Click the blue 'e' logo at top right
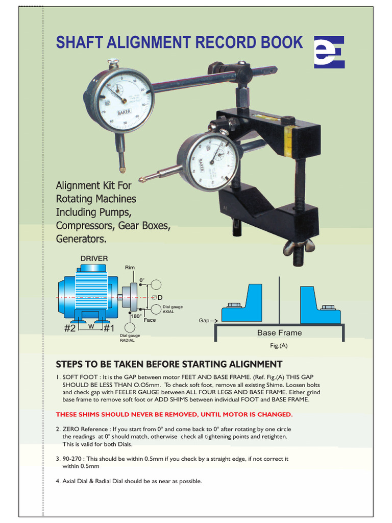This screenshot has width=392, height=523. [329, 52]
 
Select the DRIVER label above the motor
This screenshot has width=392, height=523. [94, 258]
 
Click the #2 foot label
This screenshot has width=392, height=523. [70, 329]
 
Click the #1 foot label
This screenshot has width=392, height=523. [109, 329]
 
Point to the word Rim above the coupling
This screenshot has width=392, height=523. [130, 268]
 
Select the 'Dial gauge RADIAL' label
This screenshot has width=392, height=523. [130, 338]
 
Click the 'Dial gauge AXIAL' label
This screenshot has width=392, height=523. [172, 309]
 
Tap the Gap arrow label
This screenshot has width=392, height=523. [206, 321]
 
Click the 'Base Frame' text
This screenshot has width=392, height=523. [279, 333]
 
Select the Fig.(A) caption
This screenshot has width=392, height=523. [279, 346]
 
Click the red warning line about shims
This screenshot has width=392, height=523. [174, 414]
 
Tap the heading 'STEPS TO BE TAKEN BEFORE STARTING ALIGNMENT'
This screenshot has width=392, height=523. [168, 364]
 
